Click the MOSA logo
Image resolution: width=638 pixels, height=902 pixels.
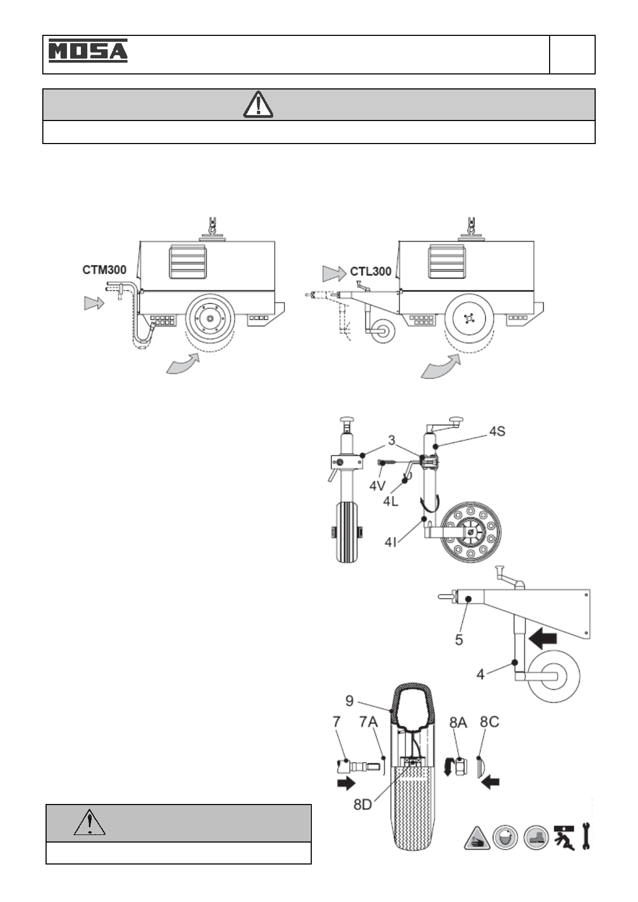click(88, 51)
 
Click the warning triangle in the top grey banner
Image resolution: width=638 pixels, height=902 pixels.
click(258, 104)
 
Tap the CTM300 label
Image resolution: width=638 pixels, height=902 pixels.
click(104, 270)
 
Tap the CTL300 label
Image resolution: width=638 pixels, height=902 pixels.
click(371, 272)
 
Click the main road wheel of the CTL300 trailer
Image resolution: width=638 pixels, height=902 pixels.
click(469, 318)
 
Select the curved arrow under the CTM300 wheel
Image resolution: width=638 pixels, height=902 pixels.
click(183, 364)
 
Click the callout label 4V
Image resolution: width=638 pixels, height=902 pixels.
click(378, 486)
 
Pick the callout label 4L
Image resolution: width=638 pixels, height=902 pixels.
click(391, 501)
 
